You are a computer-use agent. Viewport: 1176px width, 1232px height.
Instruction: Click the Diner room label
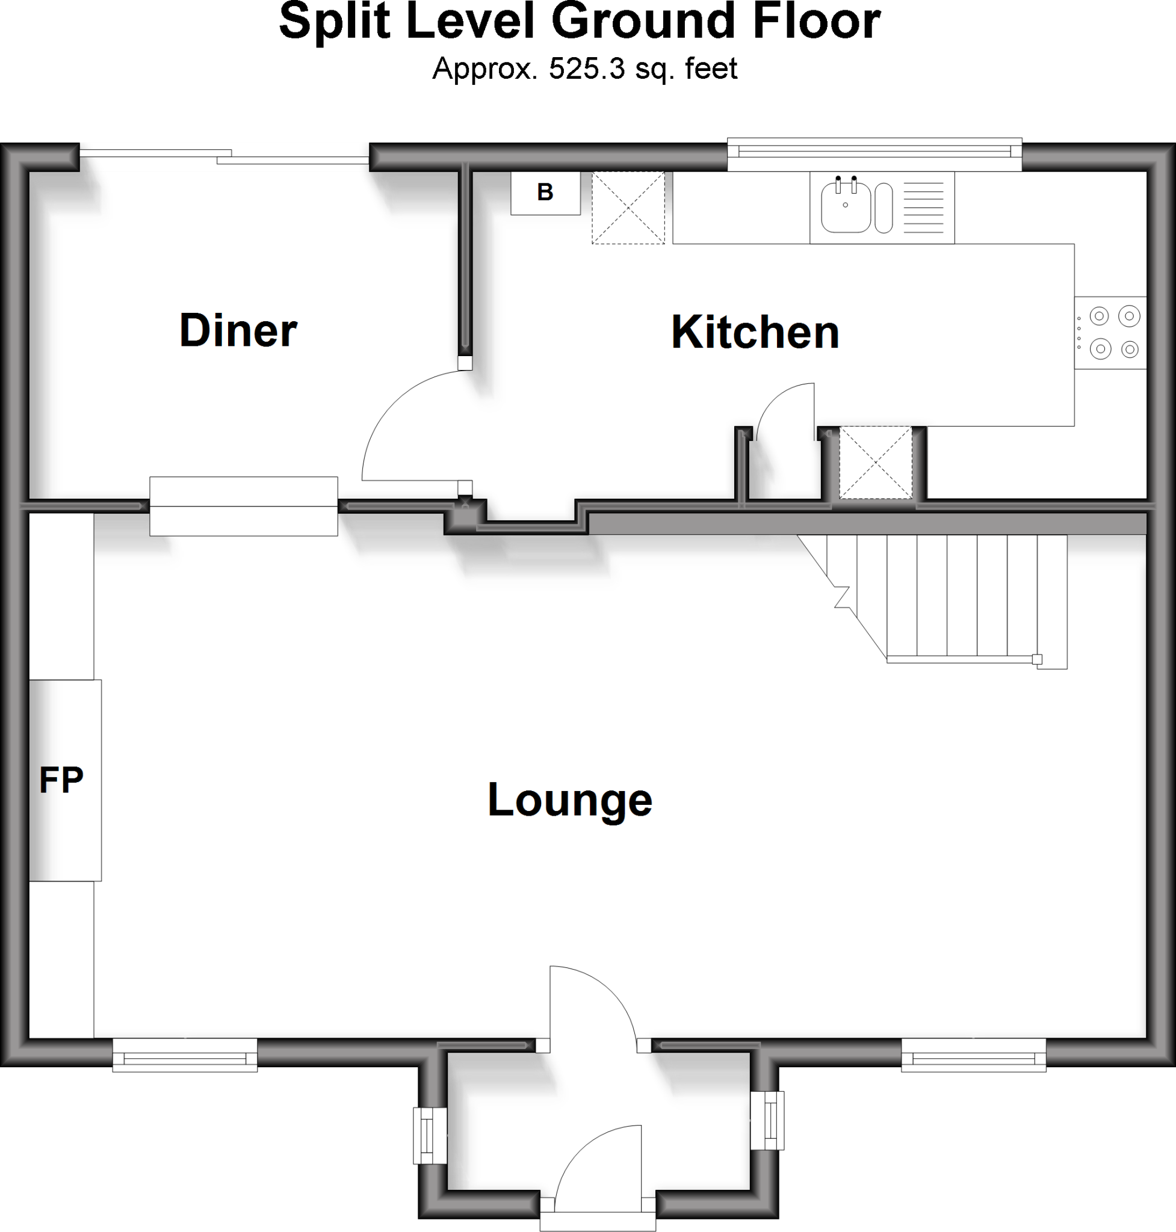pos(238,330)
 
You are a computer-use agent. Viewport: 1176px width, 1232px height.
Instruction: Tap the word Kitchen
pos(755,332)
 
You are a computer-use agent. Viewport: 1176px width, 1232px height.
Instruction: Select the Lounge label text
pos(570,800)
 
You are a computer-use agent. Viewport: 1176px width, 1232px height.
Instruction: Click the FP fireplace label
pos(61,780)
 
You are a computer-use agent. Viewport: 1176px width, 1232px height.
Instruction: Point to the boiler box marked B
pos(545,192)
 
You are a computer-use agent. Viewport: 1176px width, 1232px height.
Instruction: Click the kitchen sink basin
pos(845,206)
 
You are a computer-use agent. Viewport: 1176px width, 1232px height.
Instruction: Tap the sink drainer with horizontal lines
pos(924,208)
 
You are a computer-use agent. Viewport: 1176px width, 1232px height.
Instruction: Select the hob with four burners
pos(1114,332)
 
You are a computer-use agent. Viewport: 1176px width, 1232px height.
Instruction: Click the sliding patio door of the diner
pos(224,153)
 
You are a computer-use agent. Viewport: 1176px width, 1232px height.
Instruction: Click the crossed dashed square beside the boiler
pos(628,208)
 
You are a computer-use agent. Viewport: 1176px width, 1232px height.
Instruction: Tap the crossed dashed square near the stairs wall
pos(876,463)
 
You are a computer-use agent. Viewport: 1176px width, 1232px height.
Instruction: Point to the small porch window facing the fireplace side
pos(429,1135)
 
